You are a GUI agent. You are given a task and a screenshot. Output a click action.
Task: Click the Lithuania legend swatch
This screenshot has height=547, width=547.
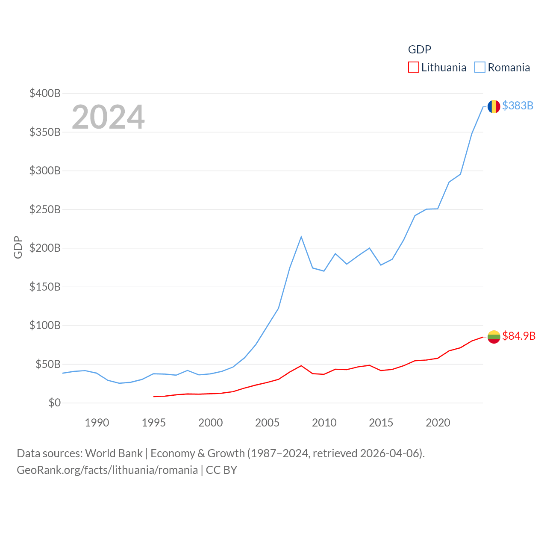413,68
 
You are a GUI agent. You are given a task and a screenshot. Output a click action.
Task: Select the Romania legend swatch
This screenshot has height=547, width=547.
480,68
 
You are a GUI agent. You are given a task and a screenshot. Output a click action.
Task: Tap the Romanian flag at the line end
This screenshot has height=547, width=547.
494,106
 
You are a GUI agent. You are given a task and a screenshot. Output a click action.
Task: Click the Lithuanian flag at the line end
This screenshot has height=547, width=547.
494,337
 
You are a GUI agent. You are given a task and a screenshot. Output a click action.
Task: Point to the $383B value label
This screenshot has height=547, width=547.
518,106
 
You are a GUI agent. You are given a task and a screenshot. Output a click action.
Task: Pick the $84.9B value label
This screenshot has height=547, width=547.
519,336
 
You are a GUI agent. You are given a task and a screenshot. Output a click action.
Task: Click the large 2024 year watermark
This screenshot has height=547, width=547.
108,117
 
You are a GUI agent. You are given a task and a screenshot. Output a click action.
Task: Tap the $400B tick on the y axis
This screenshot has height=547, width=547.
45,93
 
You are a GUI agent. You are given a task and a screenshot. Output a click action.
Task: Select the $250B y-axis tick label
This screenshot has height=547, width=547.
45,209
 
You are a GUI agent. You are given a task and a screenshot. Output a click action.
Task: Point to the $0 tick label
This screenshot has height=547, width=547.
54,403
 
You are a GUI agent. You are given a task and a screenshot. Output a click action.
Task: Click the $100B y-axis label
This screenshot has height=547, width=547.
45,325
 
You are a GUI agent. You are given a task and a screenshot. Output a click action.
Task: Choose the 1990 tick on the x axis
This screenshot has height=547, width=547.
97,423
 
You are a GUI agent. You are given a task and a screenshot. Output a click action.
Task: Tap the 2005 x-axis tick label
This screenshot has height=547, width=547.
267,423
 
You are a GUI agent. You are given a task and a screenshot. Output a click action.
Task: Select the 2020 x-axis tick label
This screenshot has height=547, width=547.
438,423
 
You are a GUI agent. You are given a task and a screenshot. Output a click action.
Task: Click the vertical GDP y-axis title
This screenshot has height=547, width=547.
18,247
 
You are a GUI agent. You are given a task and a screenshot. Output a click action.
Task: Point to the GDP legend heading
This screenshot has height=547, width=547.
420,50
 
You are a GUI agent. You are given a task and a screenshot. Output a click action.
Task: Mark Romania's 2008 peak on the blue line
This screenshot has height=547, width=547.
301,237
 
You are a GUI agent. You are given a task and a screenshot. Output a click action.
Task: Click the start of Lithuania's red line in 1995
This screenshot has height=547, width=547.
154,397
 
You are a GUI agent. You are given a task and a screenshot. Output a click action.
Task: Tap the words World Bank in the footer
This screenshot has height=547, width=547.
114,453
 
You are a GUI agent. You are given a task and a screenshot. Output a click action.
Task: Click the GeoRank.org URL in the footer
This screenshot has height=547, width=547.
107,470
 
